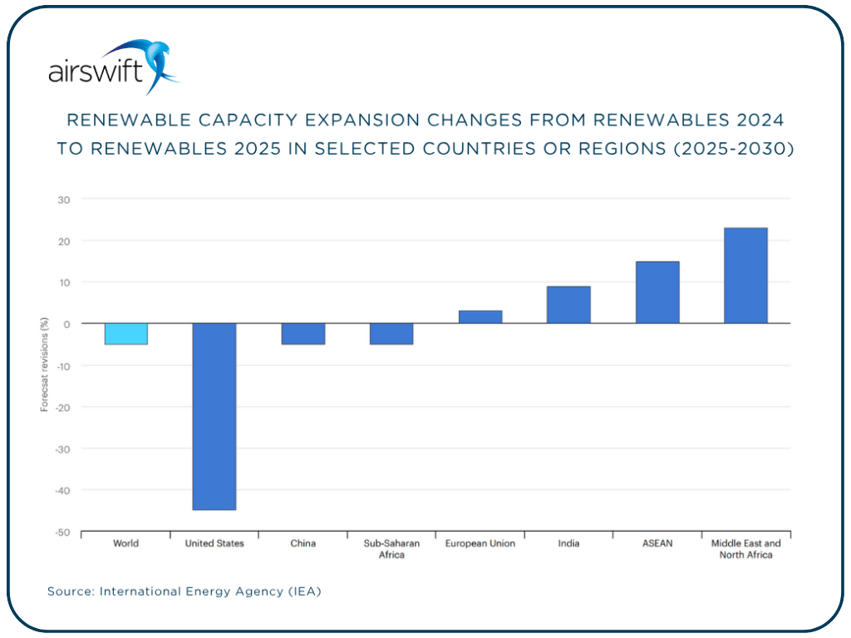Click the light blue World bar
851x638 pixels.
pos(125,334)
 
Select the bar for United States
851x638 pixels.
pos(214,416)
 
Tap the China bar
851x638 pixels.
pos(303,334)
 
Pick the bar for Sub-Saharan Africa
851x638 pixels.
pos(391,334)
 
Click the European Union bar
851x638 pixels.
pos(480,317)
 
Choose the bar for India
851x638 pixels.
pos(568,305)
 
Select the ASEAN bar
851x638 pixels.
pos(657,292)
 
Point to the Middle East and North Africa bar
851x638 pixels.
pos(745,276)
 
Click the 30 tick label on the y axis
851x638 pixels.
pos(64,199)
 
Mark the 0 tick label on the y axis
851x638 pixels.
pos(67,324)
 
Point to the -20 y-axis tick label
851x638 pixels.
pos(63,407)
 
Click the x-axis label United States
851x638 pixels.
pos(214,543)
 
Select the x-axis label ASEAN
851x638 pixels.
pos(657,543)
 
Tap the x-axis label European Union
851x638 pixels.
pos(480,543)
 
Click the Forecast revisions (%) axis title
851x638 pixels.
pos(44,366)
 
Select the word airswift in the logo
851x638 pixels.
pos(96,73)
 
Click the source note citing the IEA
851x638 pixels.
pos(184,591)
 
